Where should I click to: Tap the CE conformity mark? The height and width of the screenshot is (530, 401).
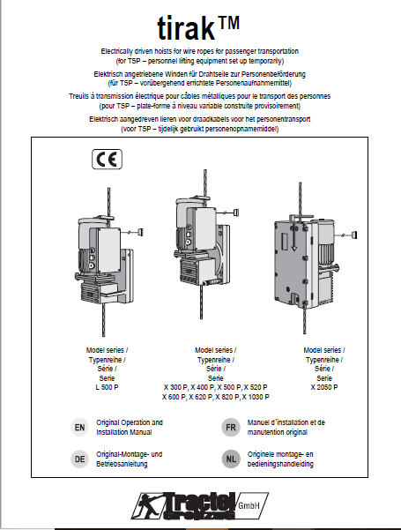[108, 160]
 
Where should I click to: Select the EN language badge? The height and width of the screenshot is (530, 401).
[79, 427]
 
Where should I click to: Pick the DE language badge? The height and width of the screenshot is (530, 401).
[79, 459]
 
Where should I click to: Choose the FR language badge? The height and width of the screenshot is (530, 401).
[231, 427]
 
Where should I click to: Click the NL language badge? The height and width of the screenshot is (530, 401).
[231, 459]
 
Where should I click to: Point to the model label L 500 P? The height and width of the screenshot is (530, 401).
[108, 387]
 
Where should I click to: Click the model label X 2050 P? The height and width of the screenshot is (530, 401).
[324, 387]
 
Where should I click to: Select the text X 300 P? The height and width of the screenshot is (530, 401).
[175, 387]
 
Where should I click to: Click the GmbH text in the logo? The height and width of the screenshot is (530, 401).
[249, 505]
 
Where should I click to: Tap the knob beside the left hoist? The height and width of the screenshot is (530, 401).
[140, 232]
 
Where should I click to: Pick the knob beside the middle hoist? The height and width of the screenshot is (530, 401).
[236, 213]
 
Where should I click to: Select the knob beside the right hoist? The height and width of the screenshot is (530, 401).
[353, 235]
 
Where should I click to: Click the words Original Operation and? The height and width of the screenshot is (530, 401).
[130, 422]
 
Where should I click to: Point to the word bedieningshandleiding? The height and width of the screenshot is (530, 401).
[280, 464]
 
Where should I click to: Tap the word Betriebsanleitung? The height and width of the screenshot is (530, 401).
[122, 464]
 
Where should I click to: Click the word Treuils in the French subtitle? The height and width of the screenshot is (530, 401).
[78, 96]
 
